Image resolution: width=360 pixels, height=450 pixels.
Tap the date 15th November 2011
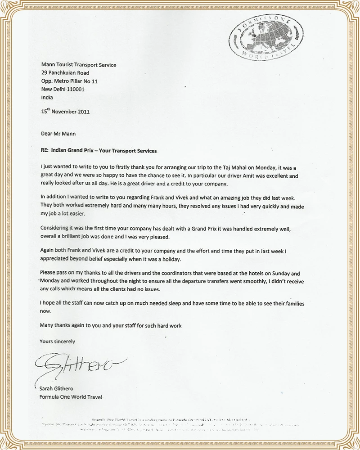[x=65, y=112]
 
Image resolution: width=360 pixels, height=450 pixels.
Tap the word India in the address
[x=46, y=97]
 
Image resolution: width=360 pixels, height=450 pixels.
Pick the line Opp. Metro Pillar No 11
[x=69, y=81]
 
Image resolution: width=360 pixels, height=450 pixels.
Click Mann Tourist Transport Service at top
[x=78, y=65]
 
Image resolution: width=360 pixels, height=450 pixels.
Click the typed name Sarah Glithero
[x=60, y=389]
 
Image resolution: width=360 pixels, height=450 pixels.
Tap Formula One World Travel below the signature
[x=71, y=397]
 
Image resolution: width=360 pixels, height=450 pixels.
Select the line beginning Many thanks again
[x=110, y=324]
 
